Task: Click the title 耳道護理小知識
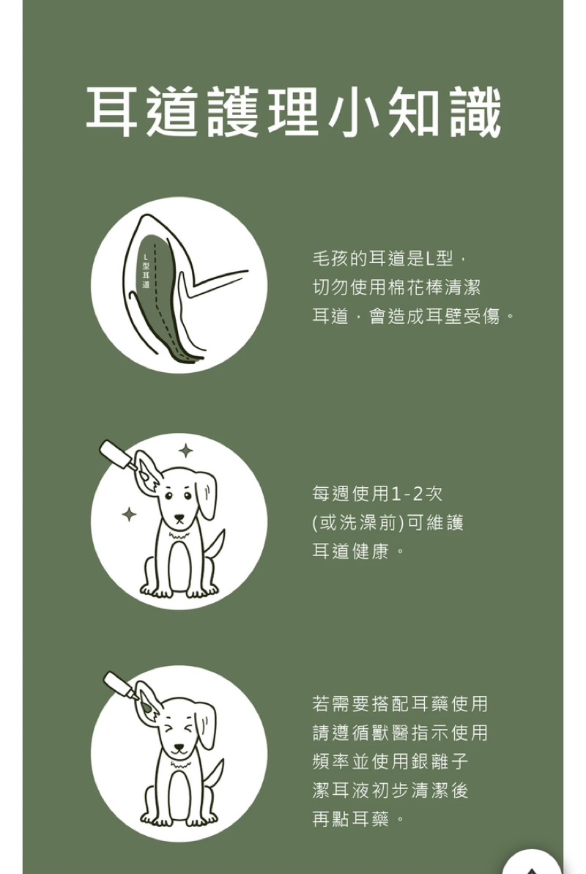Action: coord(294,112)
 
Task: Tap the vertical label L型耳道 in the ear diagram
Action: coord(146,272)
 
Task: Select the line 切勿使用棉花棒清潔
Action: coord(396,288)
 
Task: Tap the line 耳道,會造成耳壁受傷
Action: coord(413,316)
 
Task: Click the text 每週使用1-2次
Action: coord(377,494)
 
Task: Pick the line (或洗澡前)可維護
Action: coord(388,523)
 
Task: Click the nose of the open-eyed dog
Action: coord(179,519)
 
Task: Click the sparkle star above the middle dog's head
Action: coord(186,451)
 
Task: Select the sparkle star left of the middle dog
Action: coord(129,514)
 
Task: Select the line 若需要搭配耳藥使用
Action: coord(400,704)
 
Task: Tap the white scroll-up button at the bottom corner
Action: coord(532,863)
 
